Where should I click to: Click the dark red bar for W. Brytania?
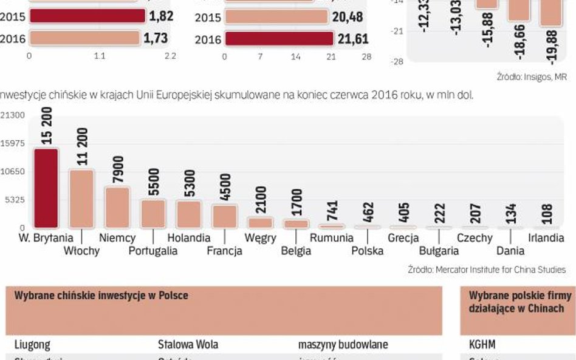46,188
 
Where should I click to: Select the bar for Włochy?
81,199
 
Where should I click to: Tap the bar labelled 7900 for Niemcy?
117,207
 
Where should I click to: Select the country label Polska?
367,250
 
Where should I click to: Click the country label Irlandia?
546,238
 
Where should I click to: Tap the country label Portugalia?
153,250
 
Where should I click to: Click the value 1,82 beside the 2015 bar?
159,16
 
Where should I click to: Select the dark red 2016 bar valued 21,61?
279,39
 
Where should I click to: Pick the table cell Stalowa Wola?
188,344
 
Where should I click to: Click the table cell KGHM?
482,344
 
